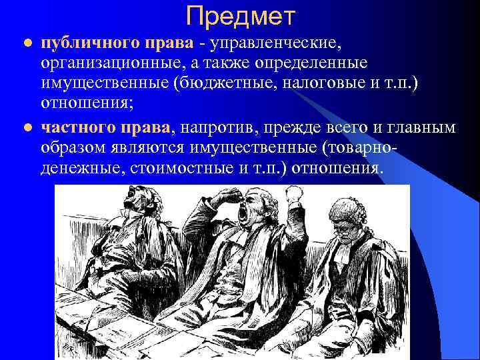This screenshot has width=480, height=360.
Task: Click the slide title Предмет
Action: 239,16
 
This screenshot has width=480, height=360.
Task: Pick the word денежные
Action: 82,168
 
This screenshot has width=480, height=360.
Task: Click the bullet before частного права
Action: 27,127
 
